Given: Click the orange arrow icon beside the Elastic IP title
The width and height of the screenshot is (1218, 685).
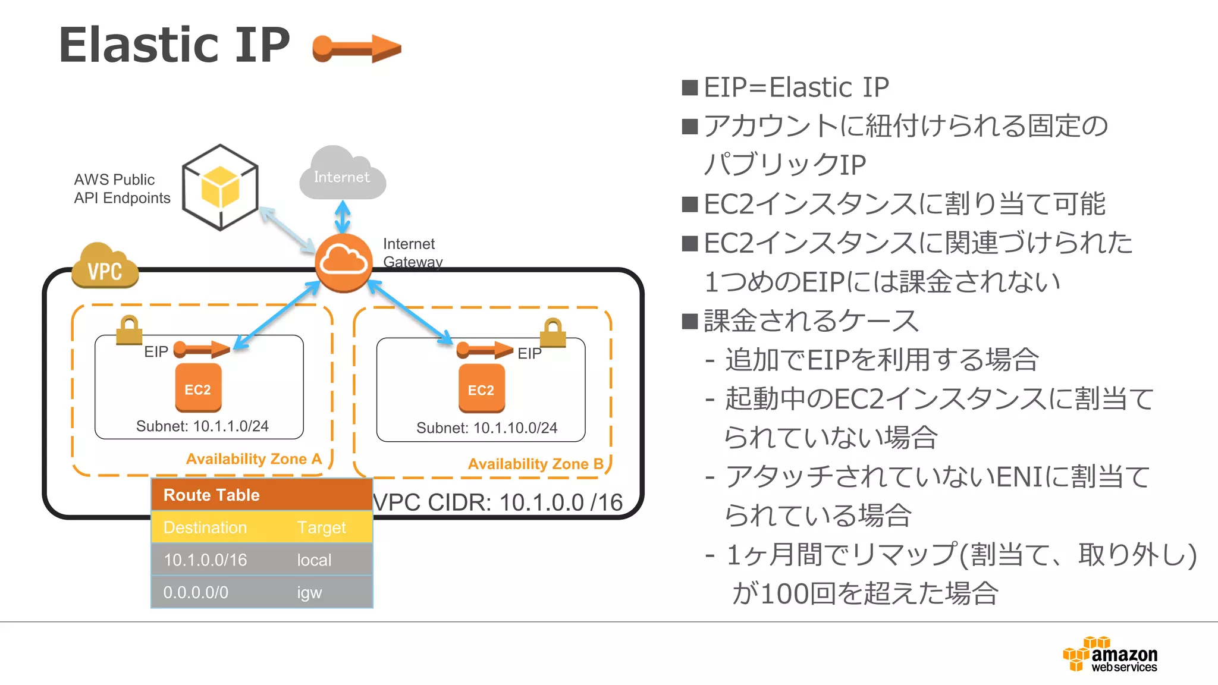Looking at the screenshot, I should (x=357, y=48).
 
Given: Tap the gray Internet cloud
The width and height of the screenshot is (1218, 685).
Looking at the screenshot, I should (x=342, y=175).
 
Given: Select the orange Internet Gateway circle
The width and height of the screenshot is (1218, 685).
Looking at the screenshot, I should (x=343, y=262).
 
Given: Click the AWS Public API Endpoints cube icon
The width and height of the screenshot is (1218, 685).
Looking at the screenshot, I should (x=220, y=187).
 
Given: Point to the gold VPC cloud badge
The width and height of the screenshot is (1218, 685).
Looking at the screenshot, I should (x=105, y=267).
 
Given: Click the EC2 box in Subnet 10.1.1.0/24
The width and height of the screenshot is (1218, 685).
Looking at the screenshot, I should (x=198, y=388).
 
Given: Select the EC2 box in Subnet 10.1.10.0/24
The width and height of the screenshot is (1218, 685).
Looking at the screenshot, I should (x=481, y=389).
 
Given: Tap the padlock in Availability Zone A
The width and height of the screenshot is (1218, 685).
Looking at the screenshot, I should (x=129, y=330).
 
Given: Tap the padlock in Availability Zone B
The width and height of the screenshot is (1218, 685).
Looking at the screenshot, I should (x=553, y=333).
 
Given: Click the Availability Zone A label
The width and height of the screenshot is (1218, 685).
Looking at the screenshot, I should (x=254, y=459).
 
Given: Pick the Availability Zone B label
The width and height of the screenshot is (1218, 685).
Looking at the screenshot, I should (x=535, y=464).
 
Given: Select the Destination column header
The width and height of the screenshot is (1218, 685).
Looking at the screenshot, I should (x=205, y=527).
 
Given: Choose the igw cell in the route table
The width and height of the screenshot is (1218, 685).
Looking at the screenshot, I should (x=309, y=592).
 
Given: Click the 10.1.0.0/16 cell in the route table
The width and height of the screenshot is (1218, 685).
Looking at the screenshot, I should (x=205, y=560).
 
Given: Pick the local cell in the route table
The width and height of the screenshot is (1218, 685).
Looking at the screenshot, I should (x=314, y=560).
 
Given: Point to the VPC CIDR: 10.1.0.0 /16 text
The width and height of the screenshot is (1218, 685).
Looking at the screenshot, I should (x=498, y=502).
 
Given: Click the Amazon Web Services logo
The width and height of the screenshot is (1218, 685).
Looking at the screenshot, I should (x=1110, y=654).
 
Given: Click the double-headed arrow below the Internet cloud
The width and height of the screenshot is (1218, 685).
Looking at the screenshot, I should (x=343, y=217).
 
